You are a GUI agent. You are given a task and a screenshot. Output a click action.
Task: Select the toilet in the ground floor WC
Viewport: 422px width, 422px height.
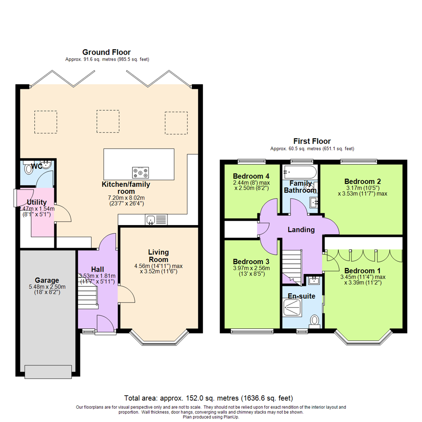click(29, 168)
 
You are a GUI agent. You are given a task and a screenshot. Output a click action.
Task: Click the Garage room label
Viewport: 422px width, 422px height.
click(47, 280)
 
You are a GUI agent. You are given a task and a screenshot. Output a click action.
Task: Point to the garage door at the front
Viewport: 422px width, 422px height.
click(48, 370)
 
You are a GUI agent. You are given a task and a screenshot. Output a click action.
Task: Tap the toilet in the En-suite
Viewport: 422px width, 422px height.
click(314, 321)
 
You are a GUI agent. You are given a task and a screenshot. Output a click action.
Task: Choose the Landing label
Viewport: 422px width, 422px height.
click(301, 230)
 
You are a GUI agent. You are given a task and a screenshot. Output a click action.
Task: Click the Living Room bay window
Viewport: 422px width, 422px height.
click(159, 340)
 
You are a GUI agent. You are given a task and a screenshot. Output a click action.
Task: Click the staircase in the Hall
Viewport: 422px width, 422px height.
click(88, 296)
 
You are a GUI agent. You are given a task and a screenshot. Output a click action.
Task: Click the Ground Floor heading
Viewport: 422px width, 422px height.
click(106, 52)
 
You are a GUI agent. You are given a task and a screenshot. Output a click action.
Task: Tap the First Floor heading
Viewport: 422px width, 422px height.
click(312, 141)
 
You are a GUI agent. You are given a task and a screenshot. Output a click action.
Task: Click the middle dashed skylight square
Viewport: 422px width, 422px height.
click(108, 122)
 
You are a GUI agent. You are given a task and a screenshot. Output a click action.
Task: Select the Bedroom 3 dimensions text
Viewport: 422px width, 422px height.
click(251, 271)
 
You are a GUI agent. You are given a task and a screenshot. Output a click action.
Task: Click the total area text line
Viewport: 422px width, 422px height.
click(208, 399)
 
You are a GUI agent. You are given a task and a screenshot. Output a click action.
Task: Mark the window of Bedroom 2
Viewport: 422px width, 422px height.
click(359, 161)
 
